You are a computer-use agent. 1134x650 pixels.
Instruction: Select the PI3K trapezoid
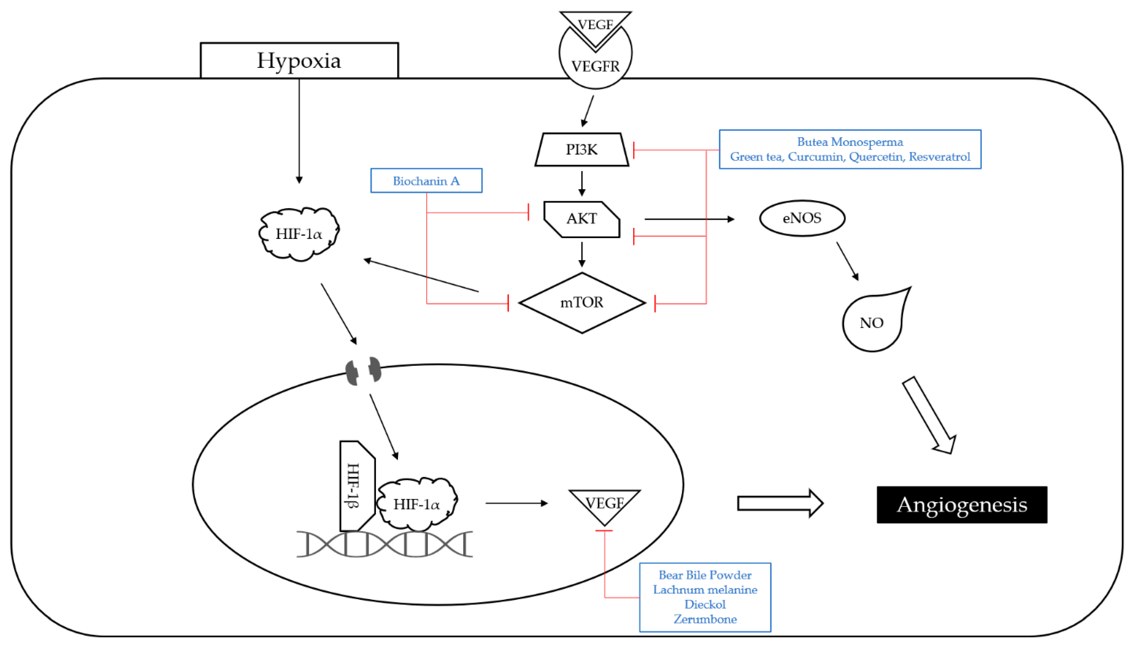click(x=582, y=149)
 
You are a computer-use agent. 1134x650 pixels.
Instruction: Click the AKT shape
click(x=582, y=219)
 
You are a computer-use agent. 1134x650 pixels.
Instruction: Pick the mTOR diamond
click(x=582, y=303)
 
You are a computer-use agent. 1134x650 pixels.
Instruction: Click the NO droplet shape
click(x=871, y=323)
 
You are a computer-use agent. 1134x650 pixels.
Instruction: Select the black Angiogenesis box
click(x=961, y=505)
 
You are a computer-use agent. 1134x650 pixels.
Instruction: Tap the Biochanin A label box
click(x=426, y=181)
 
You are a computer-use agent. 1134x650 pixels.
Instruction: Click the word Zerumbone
click(x=705, y=619)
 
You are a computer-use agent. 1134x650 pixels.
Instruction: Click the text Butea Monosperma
click(x=850, y=142)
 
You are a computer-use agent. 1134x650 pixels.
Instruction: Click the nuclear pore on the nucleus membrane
click(x=364, y=370)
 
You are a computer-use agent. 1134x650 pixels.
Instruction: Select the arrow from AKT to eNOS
click(x=689, y=219)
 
